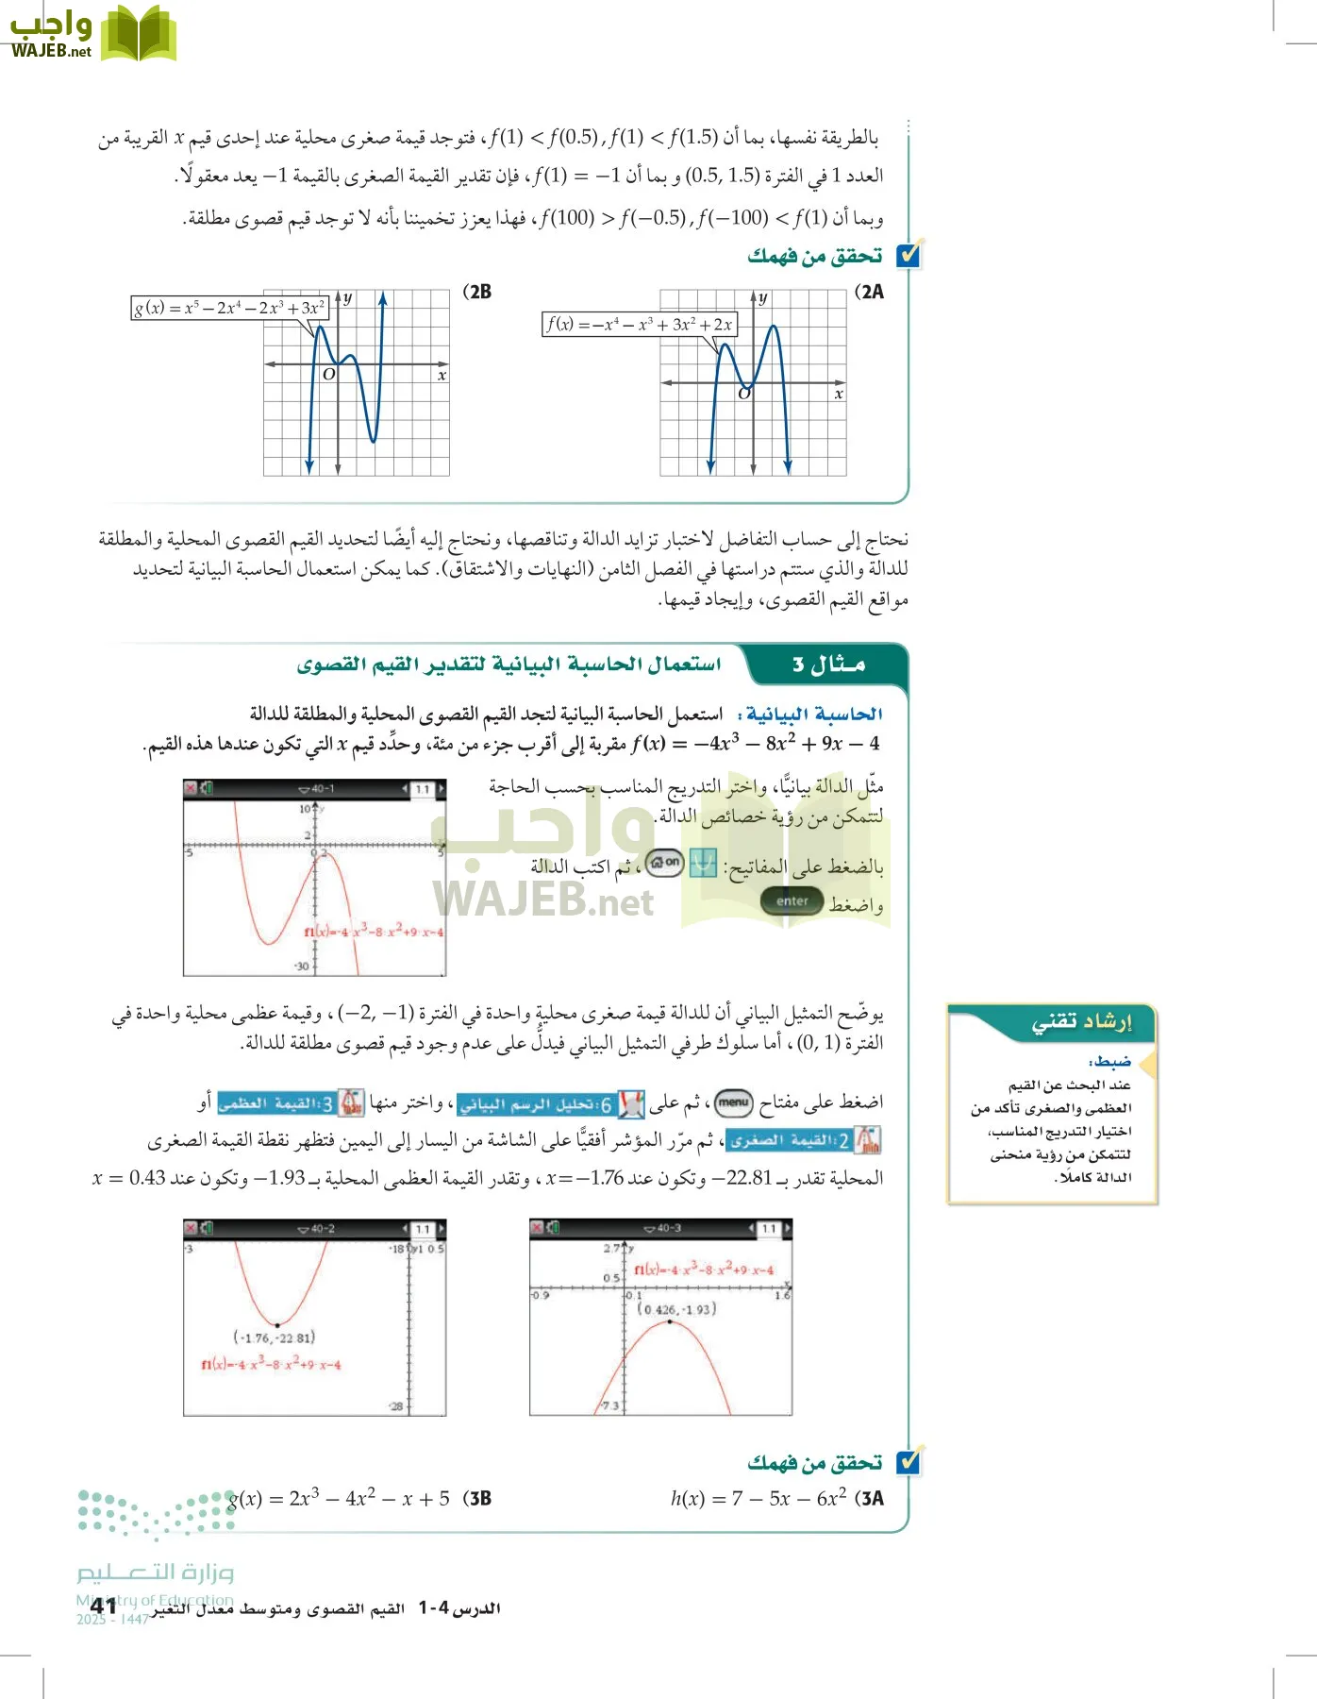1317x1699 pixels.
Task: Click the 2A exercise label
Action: pos(870,292)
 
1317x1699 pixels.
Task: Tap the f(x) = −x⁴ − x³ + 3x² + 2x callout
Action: pos(639,324)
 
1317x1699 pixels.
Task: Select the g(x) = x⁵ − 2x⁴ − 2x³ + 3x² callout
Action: pos(229,308)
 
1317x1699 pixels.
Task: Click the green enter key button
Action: pos(792,901)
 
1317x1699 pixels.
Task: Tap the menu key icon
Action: pos(733,1102)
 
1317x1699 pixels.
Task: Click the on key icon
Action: pos(665,862)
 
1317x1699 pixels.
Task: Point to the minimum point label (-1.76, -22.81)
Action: pos(274,1337)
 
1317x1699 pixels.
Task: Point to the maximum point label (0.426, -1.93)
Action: pos(676,1309)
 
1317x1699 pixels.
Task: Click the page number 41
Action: pos(104,1606)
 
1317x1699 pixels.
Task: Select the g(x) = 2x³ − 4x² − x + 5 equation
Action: pos(339,1498)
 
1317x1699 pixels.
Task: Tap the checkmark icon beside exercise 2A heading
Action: pos(909,255)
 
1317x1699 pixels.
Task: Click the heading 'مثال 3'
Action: pos(828,664)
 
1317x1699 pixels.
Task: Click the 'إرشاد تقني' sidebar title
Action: pos(1081,1021)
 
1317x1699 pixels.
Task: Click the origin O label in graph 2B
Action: pos(329,374)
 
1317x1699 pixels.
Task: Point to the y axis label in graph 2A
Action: pos(763,298)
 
